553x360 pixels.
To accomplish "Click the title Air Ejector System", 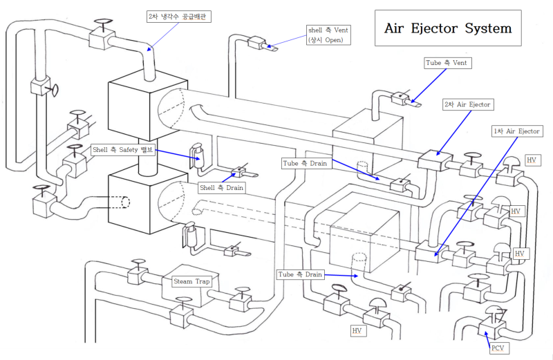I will tap(448, 28).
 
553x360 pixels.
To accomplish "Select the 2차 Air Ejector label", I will tap(468, 104).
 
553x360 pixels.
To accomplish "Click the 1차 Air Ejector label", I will tap(516, 131).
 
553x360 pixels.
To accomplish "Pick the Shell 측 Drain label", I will tap(221, 187).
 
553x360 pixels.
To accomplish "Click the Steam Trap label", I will tap(191, 281).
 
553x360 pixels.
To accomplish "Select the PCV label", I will tap(498, 348).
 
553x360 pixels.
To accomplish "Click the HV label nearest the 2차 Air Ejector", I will tap(530, 160).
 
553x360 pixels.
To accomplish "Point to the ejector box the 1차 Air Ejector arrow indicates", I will tap(428, 250).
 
